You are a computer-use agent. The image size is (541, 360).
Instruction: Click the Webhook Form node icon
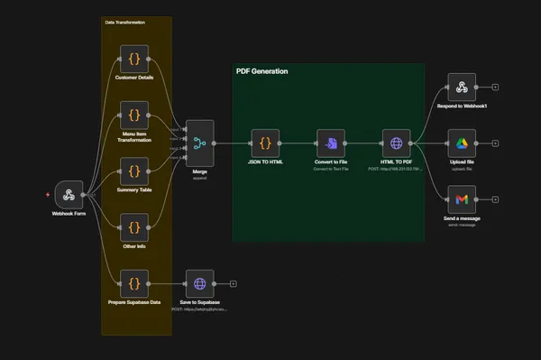click(69, 194)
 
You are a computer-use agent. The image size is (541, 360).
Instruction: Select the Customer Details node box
click(133, 60)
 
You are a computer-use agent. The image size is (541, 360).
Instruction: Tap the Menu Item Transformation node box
click(133, 115)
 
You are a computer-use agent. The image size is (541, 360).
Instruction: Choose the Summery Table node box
click(133, 171)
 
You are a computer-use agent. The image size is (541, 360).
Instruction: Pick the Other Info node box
click(133, 227)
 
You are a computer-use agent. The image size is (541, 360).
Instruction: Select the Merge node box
click(199, 143)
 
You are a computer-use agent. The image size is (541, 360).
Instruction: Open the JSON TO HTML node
click(265, 143)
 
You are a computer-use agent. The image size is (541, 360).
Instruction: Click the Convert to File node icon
click(331, 143)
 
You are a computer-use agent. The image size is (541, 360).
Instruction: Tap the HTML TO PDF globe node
click(396, 143)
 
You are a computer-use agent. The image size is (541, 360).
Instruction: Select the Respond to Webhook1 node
click(462, 88)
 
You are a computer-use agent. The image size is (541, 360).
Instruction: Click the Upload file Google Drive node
click(462, 143)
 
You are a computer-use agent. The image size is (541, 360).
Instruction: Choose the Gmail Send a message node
click(462, 198)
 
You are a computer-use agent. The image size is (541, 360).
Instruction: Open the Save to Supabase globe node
click(199, 283)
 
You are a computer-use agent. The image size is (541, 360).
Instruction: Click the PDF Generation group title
click(261, 71)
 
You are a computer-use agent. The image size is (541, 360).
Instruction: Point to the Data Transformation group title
click(124, 22)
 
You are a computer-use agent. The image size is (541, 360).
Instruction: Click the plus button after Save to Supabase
click(233, 283)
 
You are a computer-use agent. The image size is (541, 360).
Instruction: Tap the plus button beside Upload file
click(495, 143)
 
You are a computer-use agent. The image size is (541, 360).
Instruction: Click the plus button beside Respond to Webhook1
click(495, 88)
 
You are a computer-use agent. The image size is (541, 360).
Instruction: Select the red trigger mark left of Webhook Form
click(48, 194)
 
